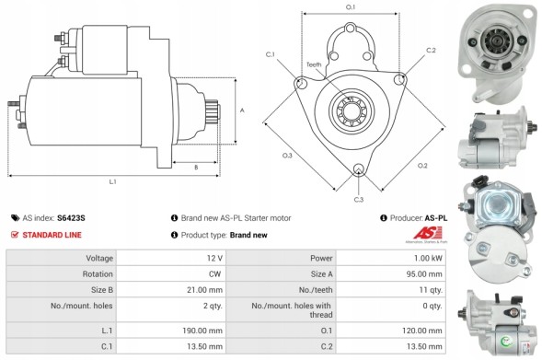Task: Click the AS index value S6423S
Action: [x=71, y=218]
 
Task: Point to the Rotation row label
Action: [x=99, y=273]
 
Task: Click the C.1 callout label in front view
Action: [x=271, y=55]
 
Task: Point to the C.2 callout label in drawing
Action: [x=431, y=50]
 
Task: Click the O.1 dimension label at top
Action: [x=351, y=7]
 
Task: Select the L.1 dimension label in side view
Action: [x=112, y=182]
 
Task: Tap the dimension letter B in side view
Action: [x=196, y=167]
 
